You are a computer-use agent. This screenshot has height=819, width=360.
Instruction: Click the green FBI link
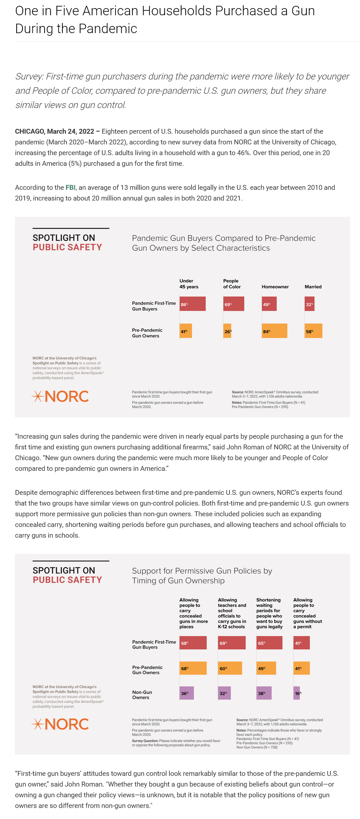coord(70,188)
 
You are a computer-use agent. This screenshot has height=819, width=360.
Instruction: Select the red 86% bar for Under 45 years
coord(192,304)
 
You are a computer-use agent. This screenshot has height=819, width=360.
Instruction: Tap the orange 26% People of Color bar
coord(227,331)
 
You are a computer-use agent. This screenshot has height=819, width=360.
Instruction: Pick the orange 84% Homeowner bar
coord(275,331)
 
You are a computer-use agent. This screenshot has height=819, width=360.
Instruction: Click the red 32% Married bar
coord(309,304)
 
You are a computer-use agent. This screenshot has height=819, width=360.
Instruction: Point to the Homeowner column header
coord(275,287)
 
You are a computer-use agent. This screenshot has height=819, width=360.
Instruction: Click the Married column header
coord(313,287)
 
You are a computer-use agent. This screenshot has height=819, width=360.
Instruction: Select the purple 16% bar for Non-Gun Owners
coord(297,693)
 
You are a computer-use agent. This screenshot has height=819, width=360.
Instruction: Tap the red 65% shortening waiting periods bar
coord(269,643)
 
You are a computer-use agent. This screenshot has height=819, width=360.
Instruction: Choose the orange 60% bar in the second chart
coord(230,668)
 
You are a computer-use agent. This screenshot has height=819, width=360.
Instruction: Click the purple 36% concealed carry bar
coord(187,693)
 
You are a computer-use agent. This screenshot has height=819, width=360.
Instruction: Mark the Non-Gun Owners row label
coord(142,695)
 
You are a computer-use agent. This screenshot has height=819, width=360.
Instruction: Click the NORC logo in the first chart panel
coord(60,396)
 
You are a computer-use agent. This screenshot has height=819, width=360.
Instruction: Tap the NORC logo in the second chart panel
coord(60,724)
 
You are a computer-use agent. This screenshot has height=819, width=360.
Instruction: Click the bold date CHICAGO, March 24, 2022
coord(55,131)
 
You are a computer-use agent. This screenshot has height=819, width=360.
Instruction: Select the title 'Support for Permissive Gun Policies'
coord(202,575)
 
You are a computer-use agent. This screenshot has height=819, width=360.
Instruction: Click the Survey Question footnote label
coord(145,741)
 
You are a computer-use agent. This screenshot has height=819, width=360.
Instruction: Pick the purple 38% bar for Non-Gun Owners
coord(264,693)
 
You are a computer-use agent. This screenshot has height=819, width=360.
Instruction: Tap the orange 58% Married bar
coord(313,331)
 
